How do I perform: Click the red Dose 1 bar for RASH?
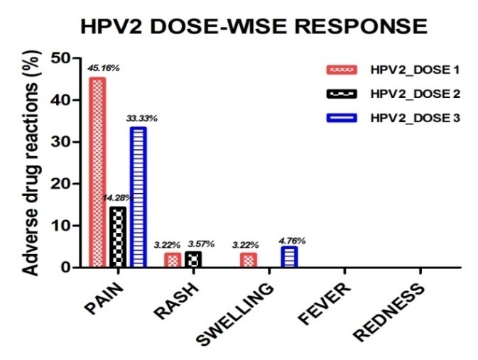(172, 261)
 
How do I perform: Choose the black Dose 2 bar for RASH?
(192, 260)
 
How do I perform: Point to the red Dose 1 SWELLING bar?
(247, 261)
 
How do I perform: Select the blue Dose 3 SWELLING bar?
(288, 257)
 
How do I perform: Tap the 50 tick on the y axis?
(66, 58)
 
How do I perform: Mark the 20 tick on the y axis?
(66, 184)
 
